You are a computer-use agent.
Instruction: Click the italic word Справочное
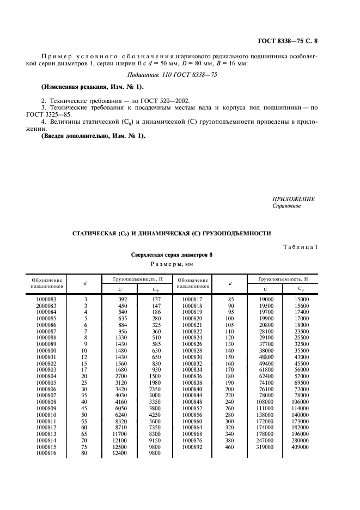(x=286, y=206)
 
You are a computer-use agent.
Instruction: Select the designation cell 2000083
(x=50, y=306)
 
